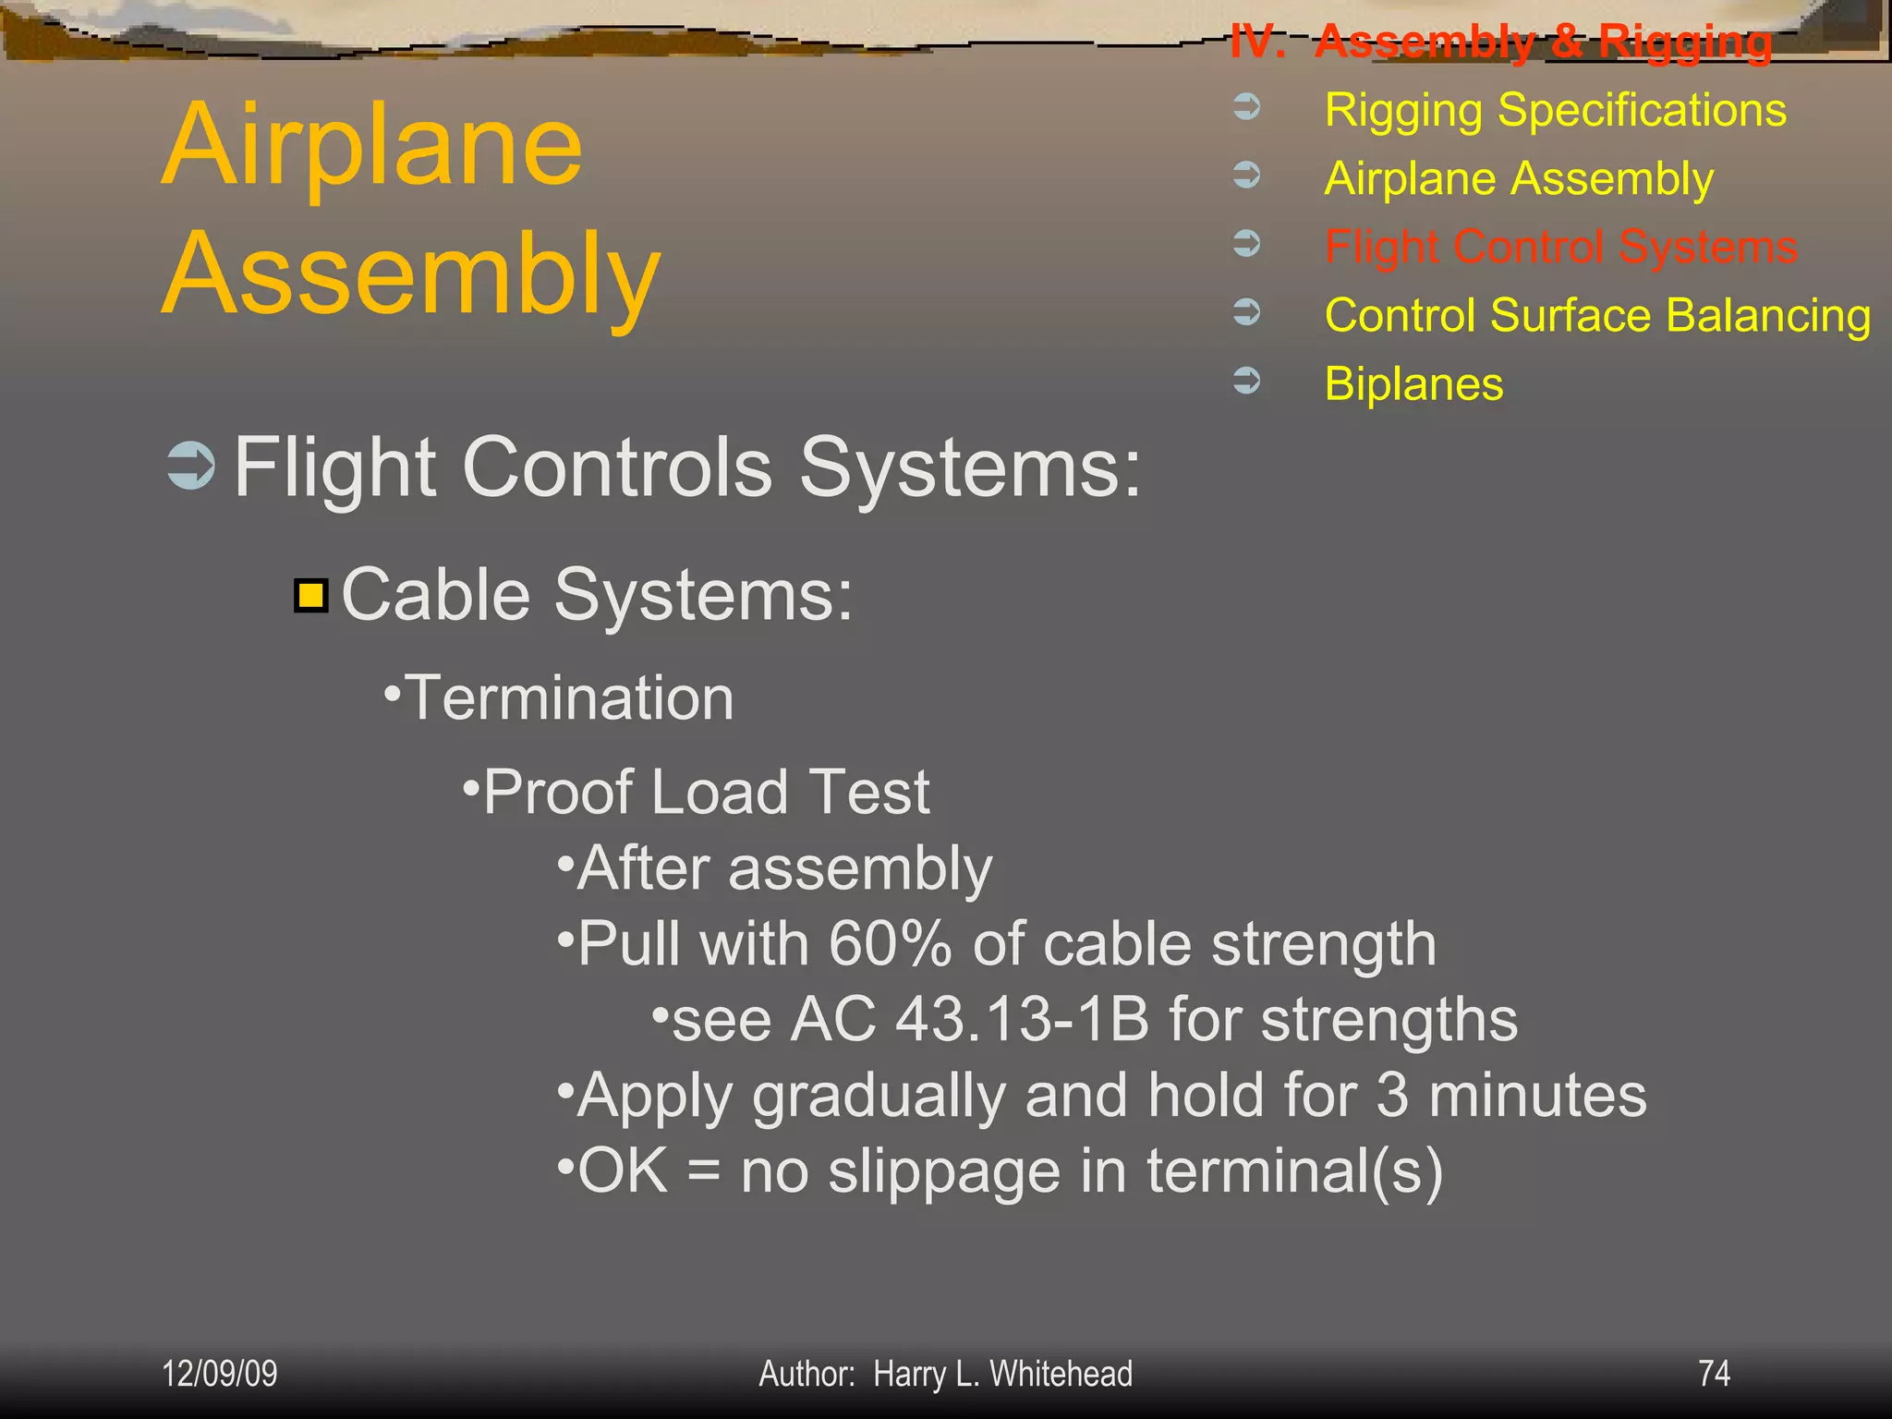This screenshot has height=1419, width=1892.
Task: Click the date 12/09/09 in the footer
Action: point(219,1374)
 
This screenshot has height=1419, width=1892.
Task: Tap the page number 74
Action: point(1714,1373)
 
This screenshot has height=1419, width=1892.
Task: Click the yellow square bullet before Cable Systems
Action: point(311,596)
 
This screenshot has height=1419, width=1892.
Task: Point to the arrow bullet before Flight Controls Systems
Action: point(191,466)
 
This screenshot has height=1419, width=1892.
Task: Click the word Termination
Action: point(569,697)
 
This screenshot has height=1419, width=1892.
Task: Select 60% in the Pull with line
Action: point(890,944)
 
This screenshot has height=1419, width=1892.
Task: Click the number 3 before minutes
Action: point(1392,1096)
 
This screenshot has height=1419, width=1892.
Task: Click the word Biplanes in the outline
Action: point(1413,384)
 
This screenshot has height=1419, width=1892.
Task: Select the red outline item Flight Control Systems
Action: point(1560,248)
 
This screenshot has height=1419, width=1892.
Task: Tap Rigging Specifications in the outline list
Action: point(1555,111)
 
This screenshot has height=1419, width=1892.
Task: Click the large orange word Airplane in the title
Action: point(372,145)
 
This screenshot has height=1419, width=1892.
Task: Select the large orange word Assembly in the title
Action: point(411,274)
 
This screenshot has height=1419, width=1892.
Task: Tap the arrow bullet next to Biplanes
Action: point(1247,380)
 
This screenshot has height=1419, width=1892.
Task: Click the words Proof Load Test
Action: point(706,793)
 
